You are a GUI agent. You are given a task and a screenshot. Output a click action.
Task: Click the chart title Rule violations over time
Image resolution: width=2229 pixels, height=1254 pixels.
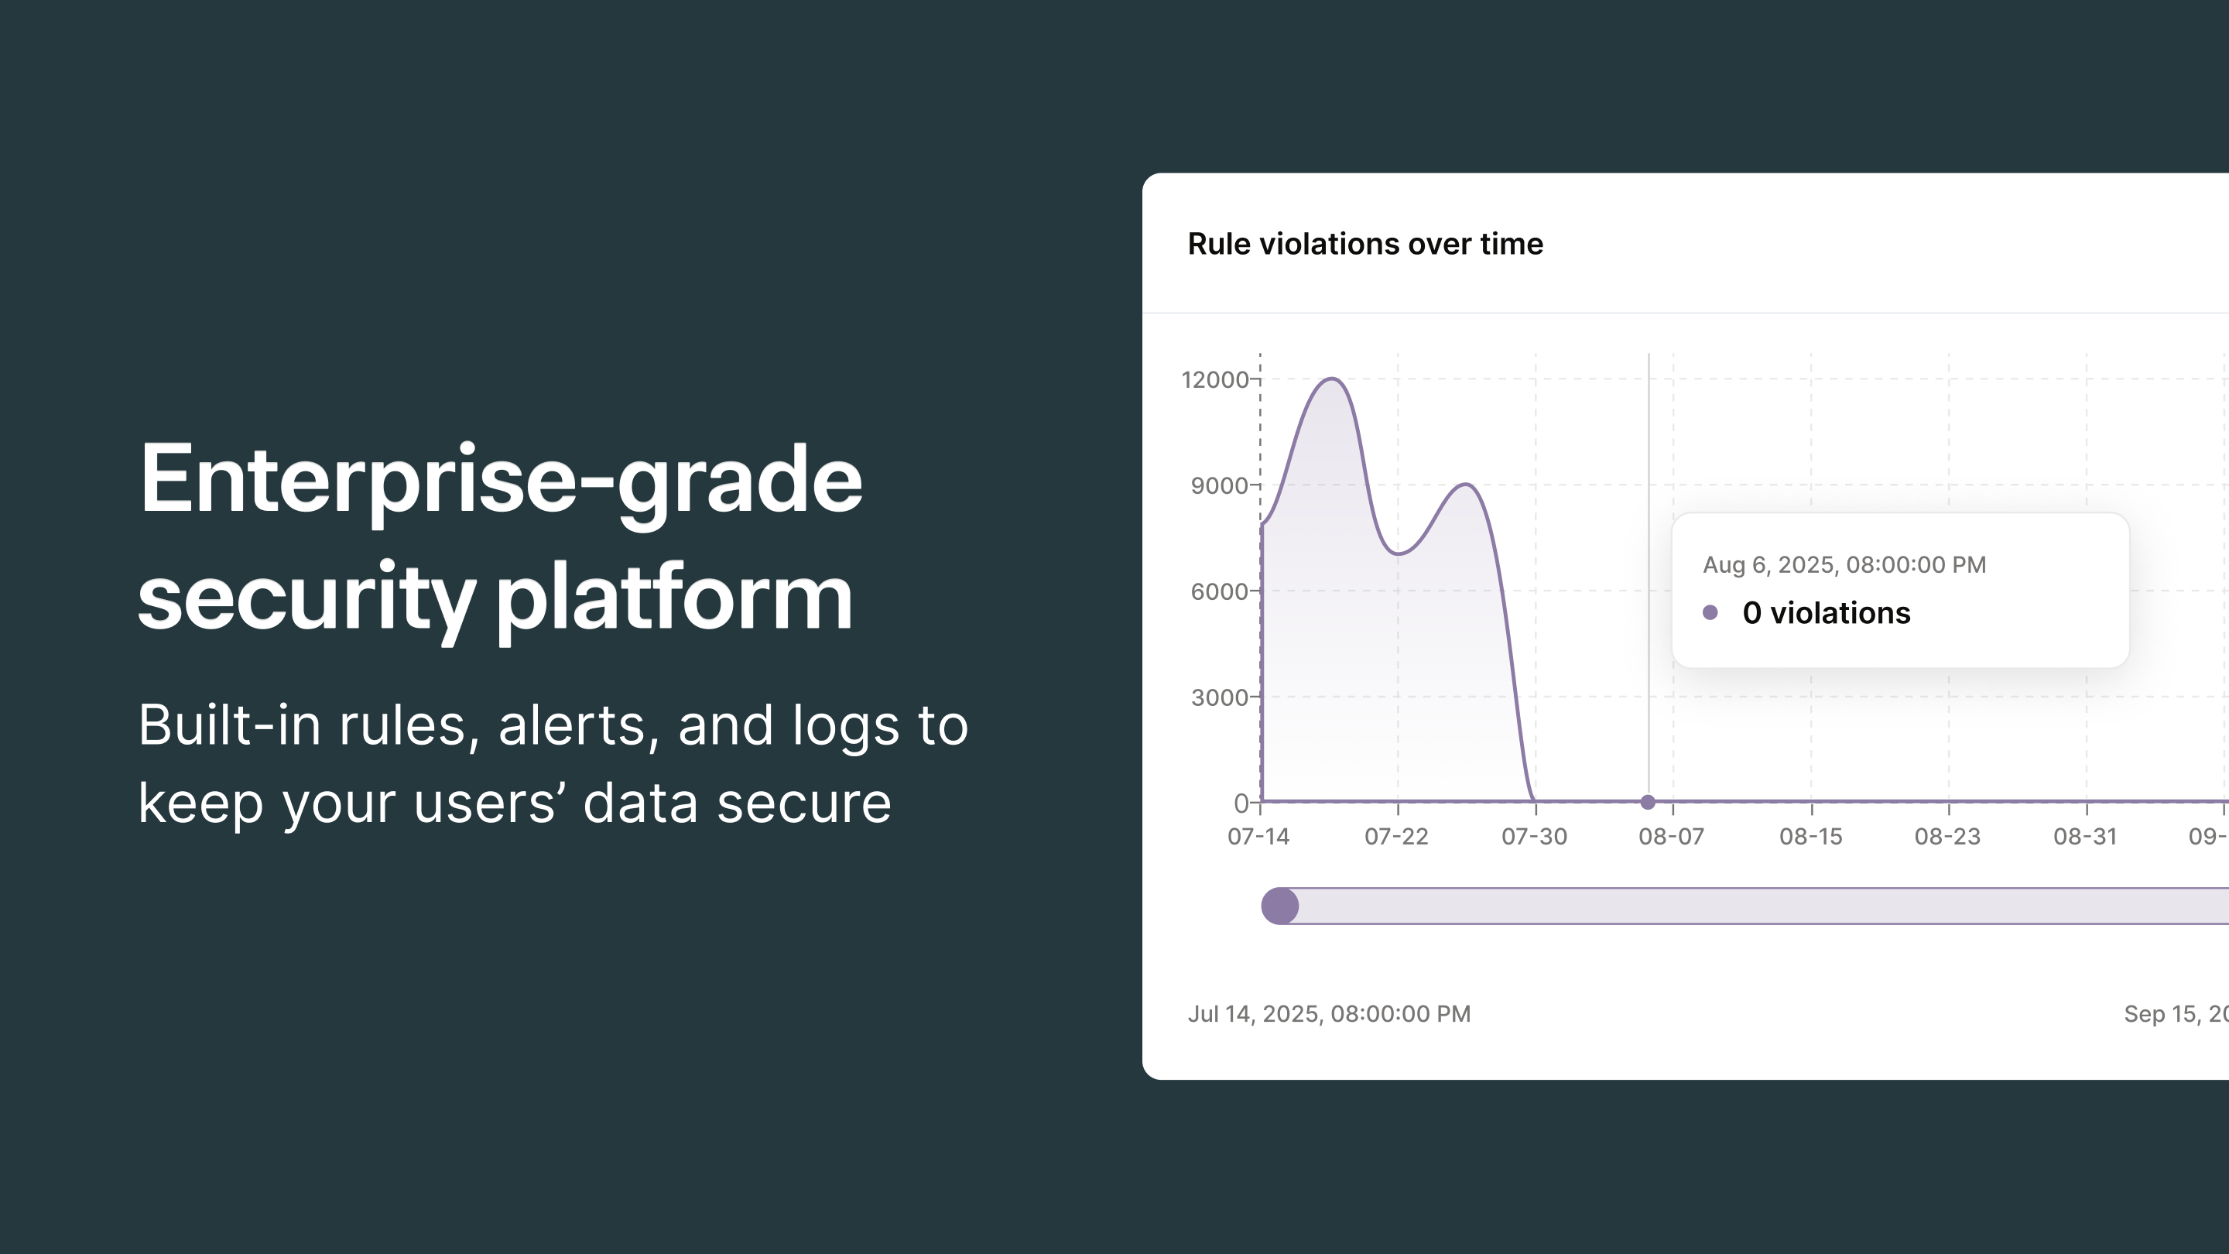coord(1364,244)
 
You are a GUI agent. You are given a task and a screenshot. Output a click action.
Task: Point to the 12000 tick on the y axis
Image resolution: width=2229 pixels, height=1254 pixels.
coord(1215,379)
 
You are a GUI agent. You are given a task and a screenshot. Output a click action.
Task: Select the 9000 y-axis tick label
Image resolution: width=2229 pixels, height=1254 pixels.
coord(1219,485)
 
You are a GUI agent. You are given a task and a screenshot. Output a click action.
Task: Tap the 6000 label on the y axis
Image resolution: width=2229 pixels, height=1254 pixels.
coord(1219,591)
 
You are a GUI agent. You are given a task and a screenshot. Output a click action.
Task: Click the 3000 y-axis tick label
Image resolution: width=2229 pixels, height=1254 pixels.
coord(1219,697)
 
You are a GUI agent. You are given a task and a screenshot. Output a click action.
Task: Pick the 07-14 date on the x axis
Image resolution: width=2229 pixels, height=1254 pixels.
coord(1258,837)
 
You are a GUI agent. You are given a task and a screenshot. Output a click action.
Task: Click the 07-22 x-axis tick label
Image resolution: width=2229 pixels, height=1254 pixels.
coord(1395,837)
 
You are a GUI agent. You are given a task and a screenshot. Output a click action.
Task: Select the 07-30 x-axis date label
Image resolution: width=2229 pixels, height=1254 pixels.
coord(1534,837)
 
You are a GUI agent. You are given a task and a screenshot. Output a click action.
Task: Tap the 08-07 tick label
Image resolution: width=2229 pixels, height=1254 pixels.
coord(1671,837)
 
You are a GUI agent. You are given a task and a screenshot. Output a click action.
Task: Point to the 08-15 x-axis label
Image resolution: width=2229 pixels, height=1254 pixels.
coord(1810,837)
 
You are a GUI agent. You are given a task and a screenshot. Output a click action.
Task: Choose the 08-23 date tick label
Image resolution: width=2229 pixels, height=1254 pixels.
coord(1947,837)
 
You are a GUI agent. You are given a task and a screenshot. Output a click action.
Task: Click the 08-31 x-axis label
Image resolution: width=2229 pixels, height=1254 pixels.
coord(2084,837)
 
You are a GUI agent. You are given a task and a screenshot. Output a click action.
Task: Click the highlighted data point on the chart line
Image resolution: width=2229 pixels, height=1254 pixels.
coord(1649,802)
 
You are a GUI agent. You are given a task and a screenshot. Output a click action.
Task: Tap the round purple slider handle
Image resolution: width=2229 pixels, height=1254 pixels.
coord(1280,906)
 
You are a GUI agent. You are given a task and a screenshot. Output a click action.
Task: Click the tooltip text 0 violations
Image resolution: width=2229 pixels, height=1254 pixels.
coord(1826,613)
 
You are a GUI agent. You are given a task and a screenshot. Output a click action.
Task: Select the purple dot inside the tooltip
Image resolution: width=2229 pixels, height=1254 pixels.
coord(1710,613)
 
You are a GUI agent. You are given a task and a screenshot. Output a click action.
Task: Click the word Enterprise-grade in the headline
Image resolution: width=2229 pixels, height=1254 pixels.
coord(500,480)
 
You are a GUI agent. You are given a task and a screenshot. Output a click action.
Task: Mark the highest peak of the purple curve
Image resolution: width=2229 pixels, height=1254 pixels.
coord(1333,379)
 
